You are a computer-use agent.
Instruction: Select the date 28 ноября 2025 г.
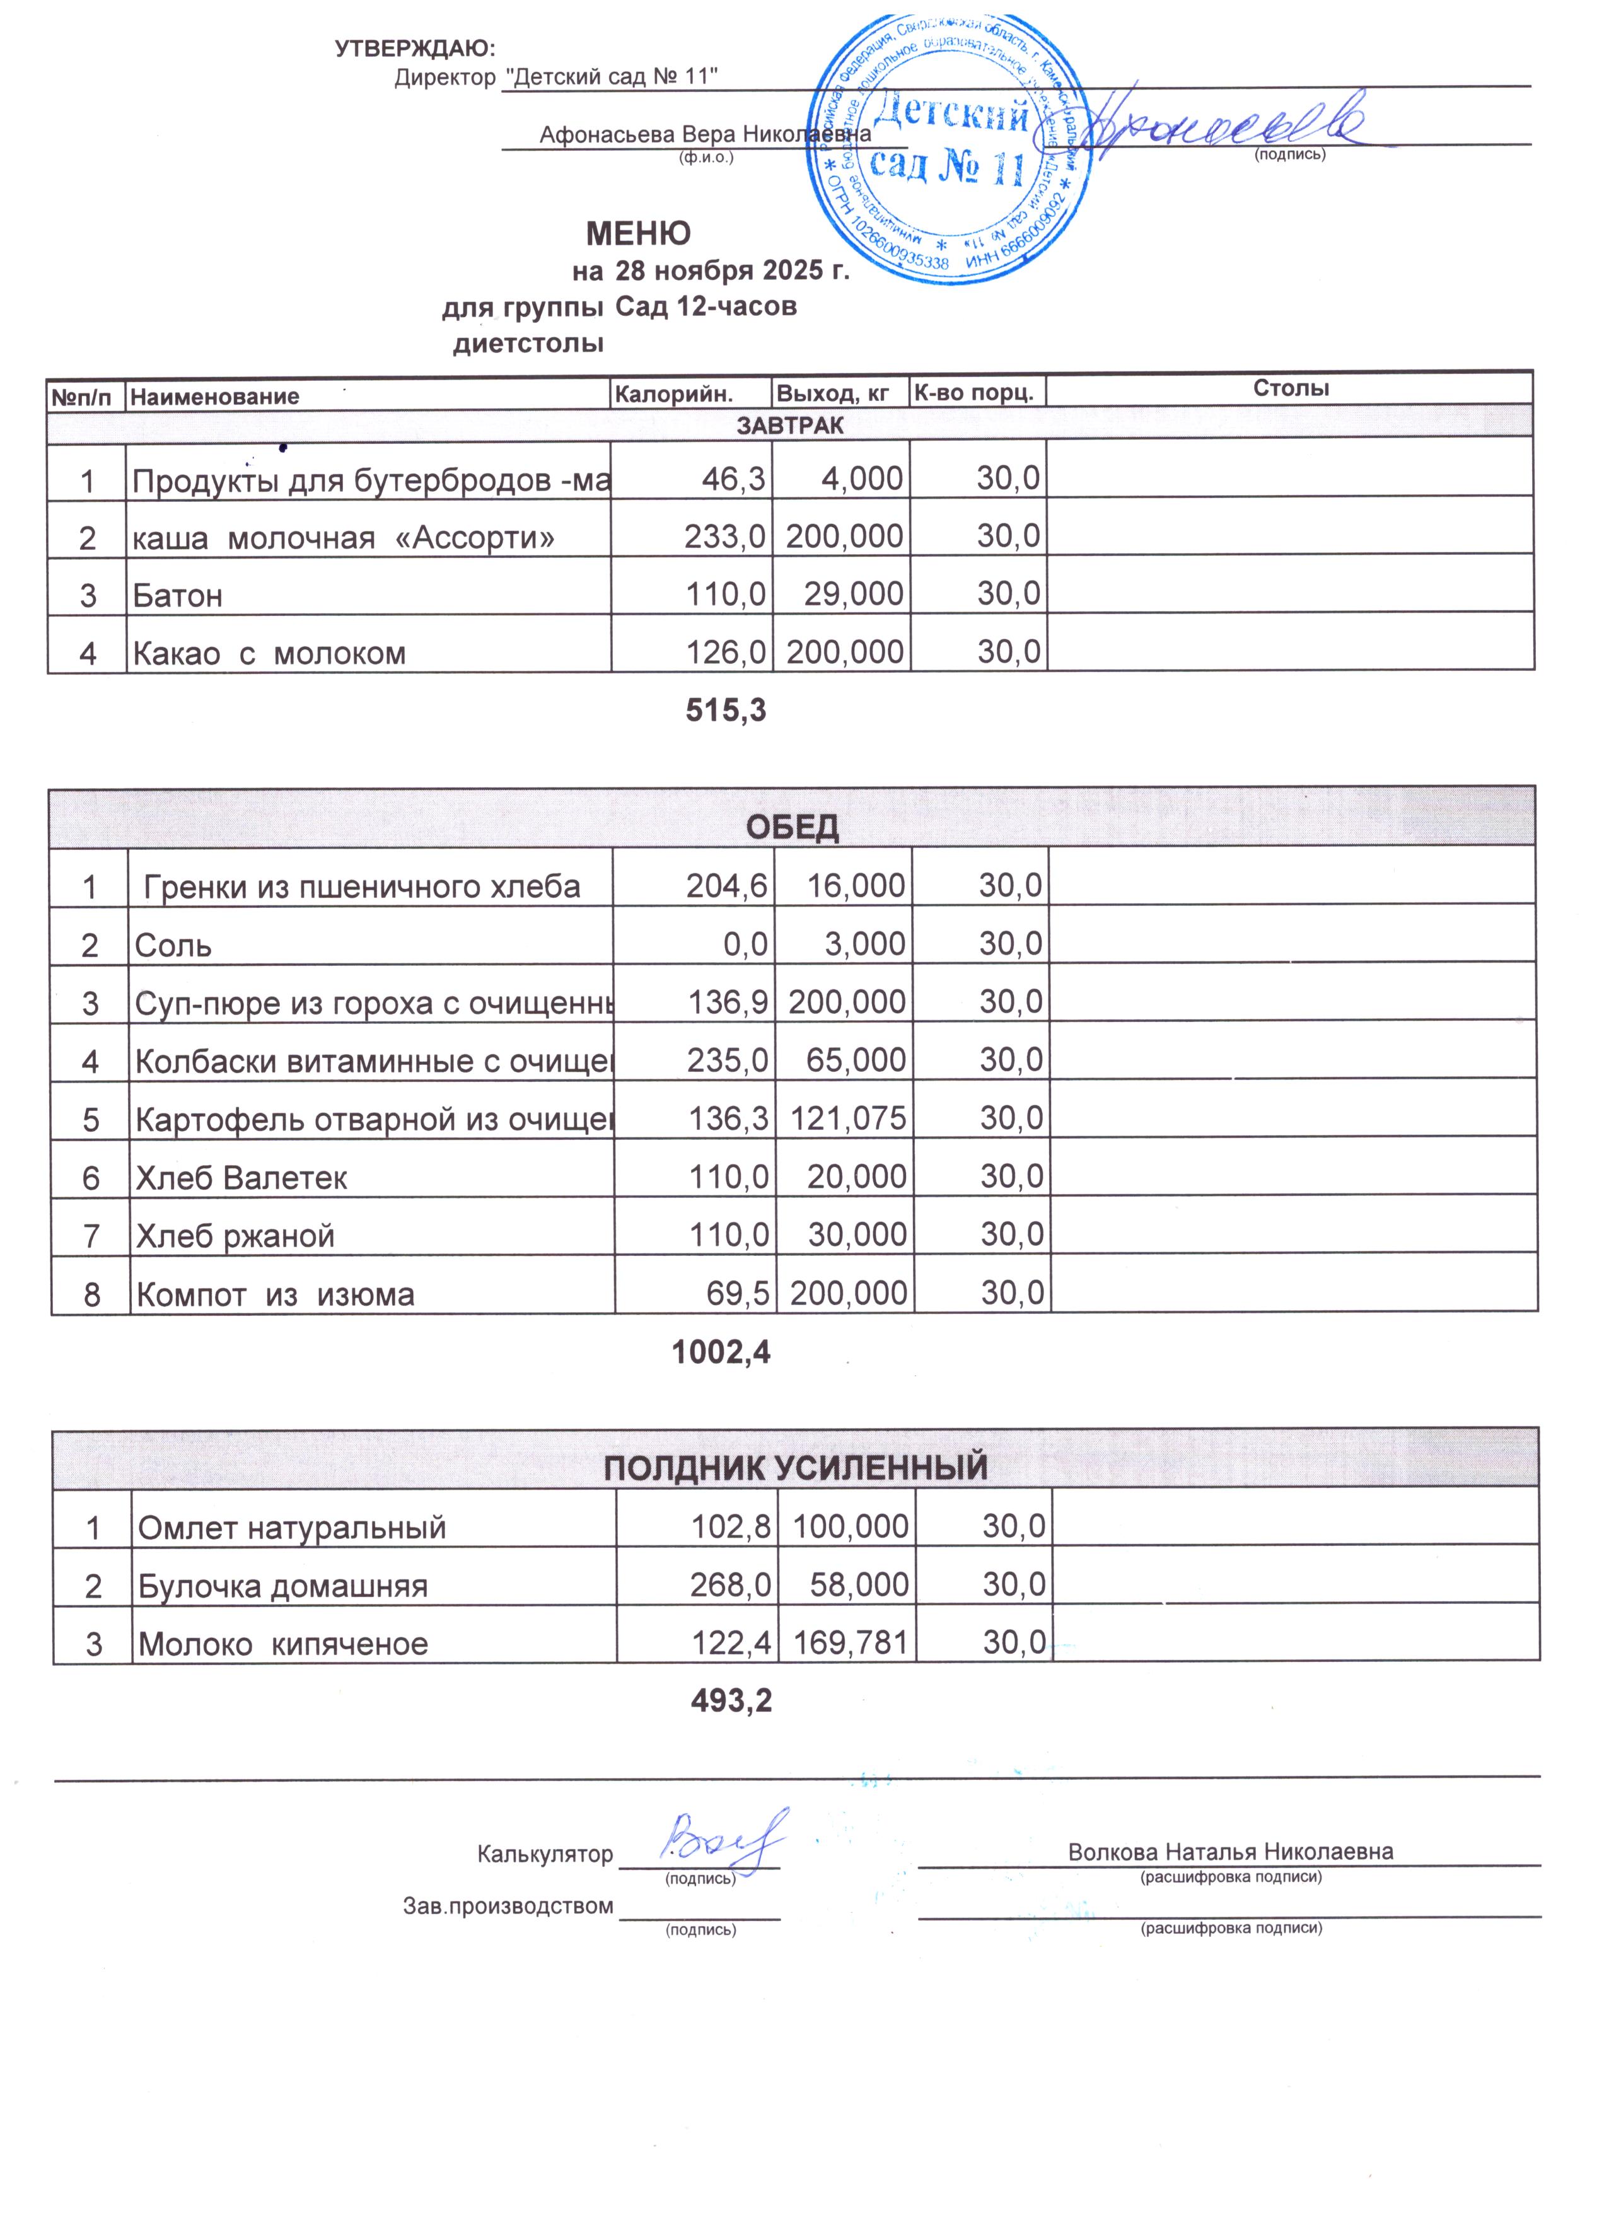[x=732, y=270]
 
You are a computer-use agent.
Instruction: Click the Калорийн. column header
[x=673, y=394]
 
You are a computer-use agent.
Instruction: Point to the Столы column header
[x=1290, y=388]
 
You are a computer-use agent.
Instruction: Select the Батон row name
[x=178, y=595]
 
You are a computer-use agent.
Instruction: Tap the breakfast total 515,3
[x=726, y=711]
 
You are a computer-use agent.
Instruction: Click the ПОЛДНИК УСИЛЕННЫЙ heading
[x=795, y=1468]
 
